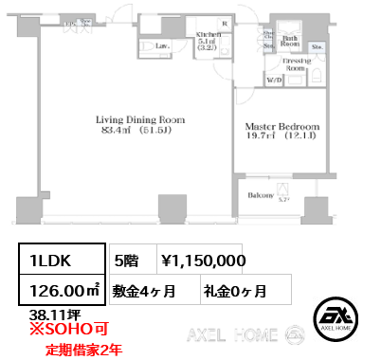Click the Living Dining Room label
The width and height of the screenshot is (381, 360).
pos(138,120)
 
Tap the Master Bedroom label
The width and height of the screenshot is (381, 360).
pos(281,126)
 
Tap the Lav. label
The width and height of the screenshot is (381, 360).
pos(162,45)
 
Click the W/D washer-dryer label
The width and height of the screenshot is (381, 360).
pos(275,81)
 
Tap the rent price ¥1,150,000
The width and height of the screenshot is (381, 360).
pos(204,260)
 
